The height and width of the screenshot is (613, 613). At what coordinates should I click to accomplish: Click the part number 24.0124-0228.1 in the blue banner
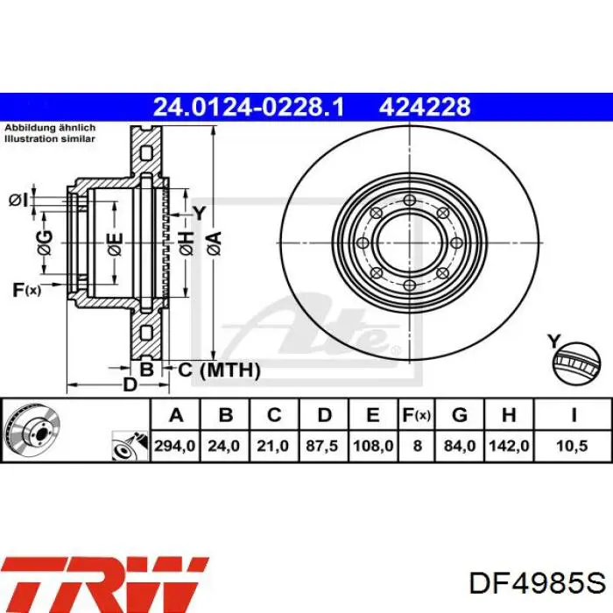click(x=249, y=107)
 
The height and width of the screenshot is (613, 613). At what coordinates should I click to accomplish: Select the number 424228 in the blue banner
click(x=425, y=107)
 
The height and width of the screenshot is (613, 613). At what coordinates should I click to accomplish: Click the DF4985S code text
click(x=538, y=584)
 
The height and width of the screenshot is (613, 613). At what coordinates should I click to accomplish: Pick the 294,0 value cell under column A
click(x=175, y=446)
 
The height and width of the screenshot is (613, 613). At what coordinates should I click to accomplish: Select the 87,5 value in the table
click(x=321, y=446)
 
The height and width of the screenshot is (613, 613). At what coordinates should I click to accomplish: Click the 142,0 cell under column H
click(x=509, y=446)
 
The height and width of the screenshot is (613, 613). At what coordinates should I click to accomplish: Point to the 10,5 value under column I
click(x=572, y=446)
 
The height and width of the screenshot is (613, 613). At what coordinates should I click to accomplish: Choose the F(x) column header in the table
click(x=417, y=415)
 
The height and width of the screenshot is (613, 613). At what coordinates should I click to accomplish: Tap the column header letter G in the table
click(x=460, y=415)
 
